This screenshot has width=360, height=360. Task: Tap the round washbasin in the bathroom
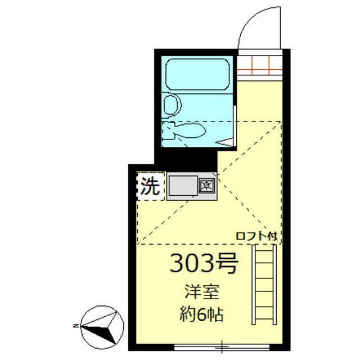click(171, 104)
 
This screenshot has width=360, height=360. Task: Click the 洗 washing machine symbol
click(150, 186)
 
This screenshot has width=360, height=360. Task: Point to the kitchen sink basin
click(182, 185)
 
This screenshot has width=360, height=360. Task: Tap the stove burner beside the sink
click(206, 184)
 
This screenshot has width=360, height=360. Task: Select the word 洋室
click(199, 293)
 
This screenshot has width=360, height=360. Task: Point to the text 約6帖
click(201, 313)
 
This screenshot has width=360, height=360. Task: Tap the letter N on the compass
click(75, 325)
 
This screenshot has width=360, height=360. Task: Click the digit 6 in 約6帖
click(201, 314)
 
